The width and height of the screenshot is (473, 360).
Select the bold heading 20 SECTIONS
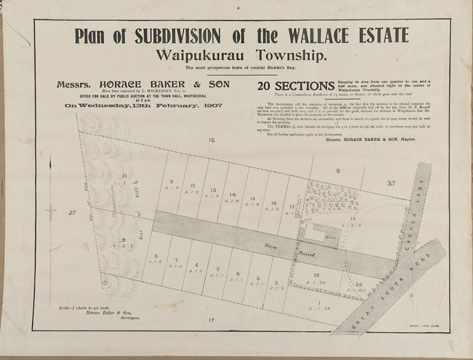(x=295, y=86)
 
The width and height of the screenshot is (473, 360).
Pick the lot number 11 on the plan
(x=171, y=181)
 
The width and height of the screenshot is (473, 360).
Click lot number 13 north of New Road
(x=213, y=190)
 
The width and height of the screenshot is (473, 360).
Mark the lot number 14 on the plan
(x=233, y=195)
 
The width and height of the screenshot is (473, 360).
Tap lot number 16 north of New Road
(x=274, y=203)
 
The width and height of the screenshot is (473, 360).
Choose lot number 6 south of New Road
(x=196, y=265)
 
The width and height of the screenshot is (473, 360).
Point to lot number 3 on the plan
(x=257, y=278)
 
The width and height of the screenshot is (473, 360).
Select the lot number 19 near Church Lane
(x=317, y=275)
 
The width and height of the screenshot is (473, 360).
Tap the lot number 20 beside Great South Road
(x=359, y=285)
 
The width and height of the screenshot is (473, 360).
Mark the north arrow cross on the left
(x=51, y=209)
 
